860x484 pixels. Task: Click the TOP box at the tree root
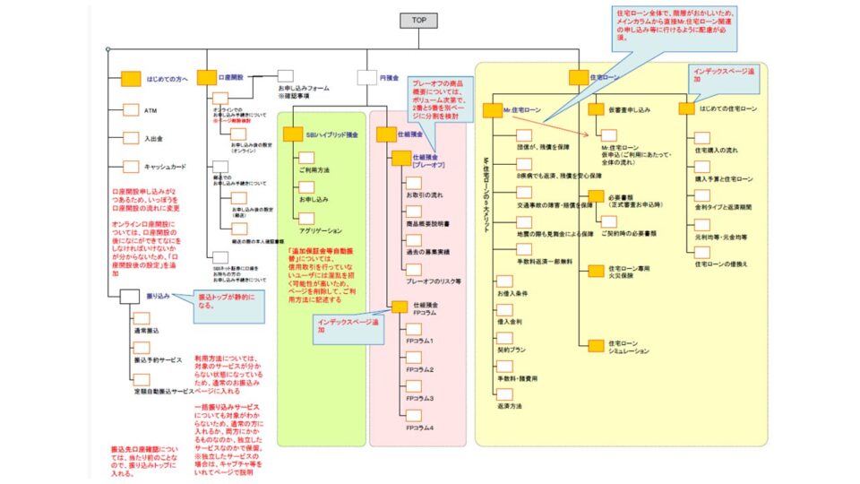pyautogui.click(x=417, y=21)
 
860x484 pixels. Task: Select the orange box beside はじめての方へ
pyautogui.click(x=131, y=78)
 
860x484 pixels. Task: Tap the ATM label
pyautogui.click(x=150, y=111)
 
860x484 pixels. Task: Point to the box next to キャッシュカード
pyautogui.click(x=131, y=166)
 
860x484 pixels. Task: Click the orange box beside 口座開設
pyautogui.click(x=206, y=78)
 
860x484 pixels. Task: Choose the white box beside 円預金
pyautogui.click(x=366, y=78)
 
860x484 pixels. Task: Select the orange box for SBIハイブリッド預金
pyautogui.click(x=293, y=134)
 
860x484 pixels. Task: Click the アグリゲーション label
pyautogui.click(x=320, y=230)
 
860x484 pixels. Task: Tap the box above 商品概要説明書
pyautogui.click(x=414, y=212)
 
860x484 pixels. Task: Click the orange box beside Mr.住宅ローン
pyautogui.click(x=492, y=110)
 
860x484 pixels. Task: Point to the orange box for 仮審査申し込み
pyautogui.click(x=597, y=108)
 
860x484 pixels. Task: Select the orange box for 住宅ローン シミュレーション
pyautogui.click(x=597, y=346)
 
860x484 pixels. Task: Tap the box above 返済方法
pyautogui.click(x=503, y=393)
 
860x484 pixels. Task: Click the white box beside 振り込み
pyautogui.click(x=130, y=295)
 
